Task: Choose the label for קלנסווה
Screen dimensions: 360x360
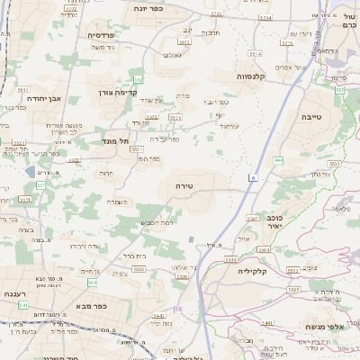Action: (x=256, y=76)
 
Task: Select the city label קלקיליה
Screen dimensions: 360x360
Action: (x=254, y=270)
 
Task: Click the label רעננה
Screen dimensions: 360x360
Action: (x=15, y=294)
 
